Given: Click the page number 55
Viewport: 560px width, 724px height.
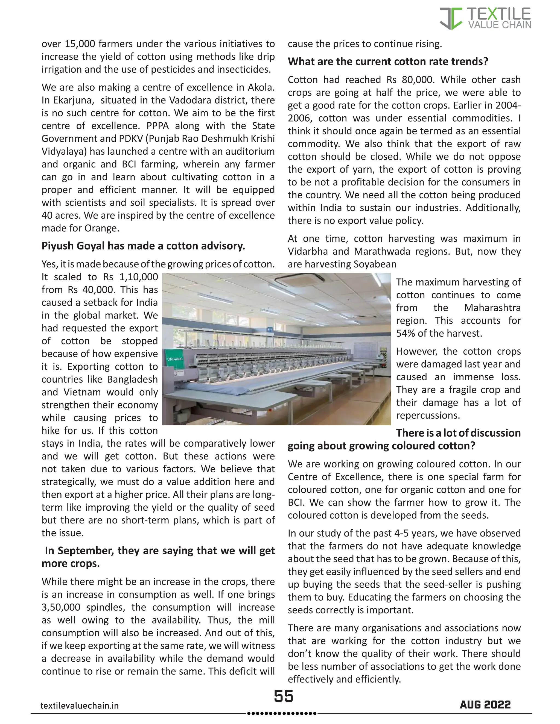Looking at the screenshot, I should point(283,696).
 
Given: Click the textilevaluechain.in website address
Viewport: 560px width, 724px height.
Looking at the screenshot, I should point(79,705).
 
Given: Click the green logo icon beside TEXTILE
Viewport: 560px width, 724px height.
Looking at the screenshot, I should point(451,19).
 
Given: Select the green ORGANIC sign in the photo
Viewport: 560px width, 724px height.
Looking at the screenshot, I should point(174,359).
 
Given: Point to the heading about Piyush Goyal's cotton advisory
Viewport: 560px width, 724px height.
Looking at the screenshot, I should point(143,246).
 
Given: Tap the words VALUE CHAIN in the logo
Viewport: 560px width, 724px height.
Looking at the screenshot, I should point(499,25).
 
